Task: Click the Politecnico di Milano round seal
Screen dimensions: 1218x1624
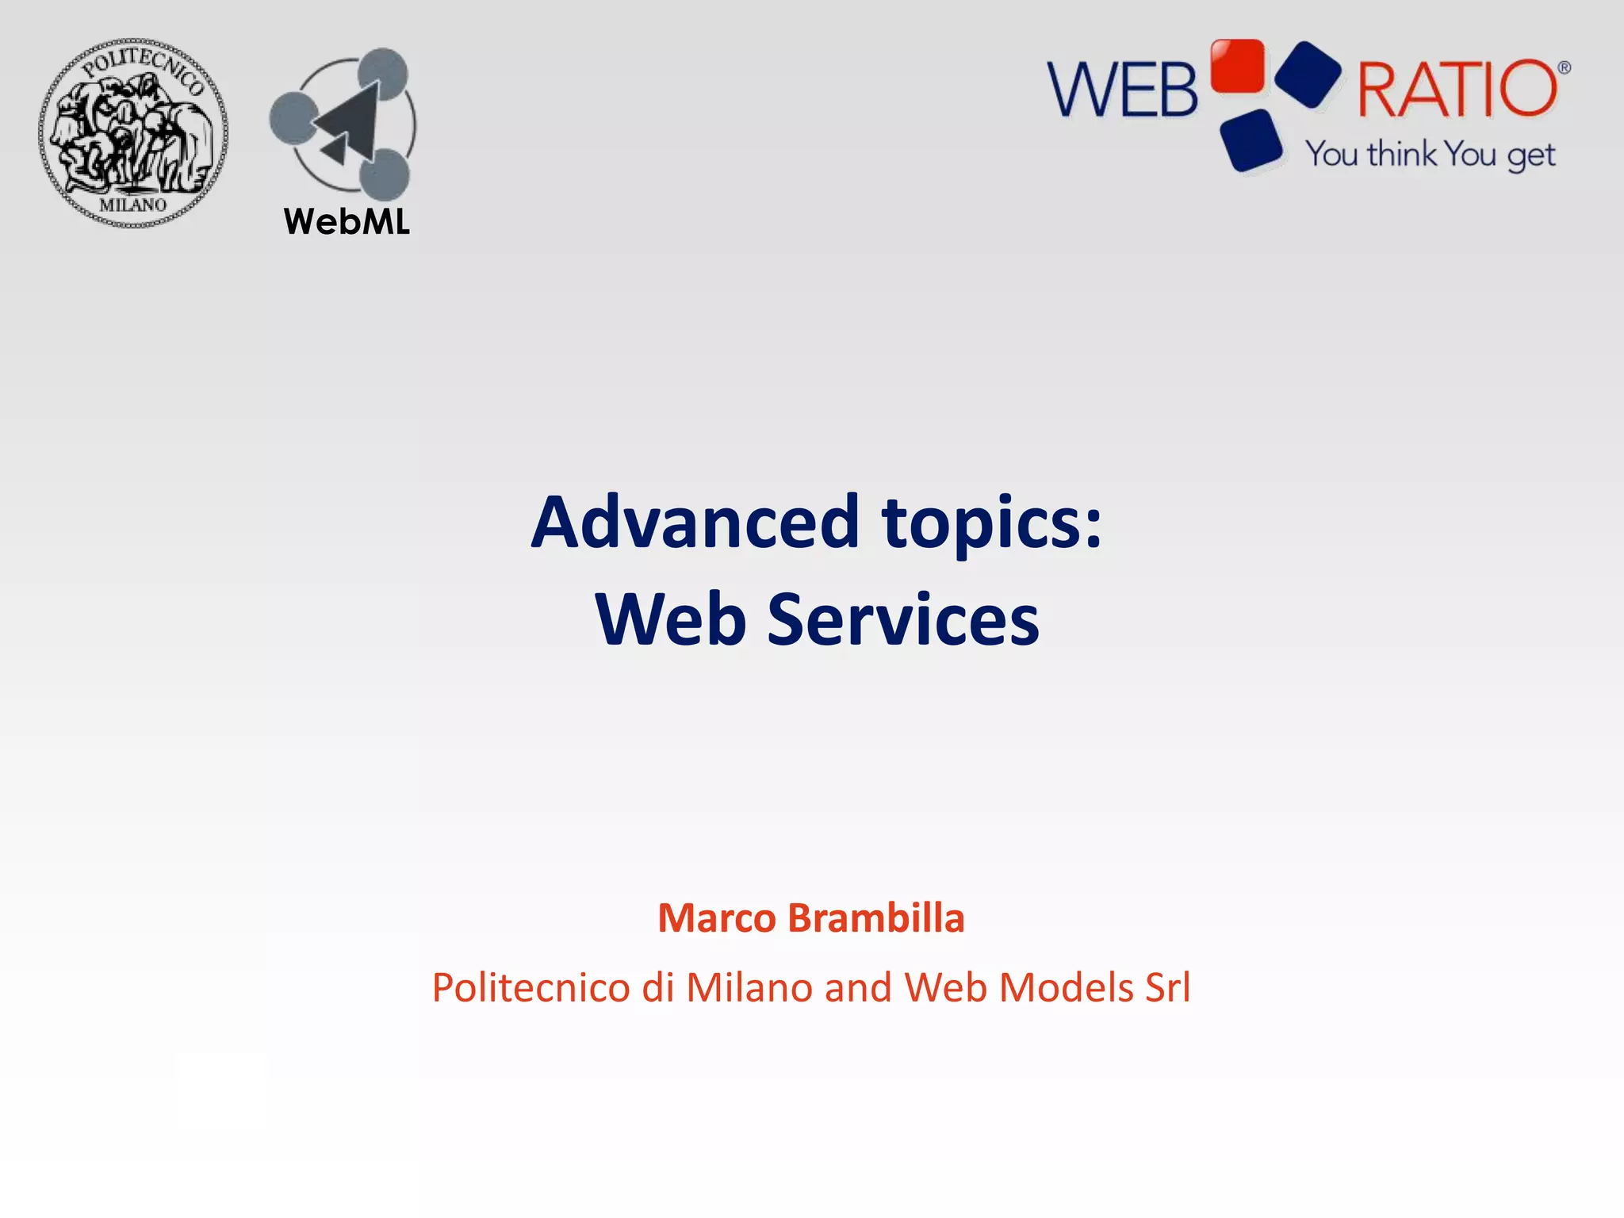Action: pos(133,133)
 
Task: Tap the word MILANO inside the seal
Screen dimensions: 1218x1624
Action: pos(133,205)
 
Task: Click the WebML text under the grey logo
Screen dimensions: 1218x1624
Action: pos(347,222)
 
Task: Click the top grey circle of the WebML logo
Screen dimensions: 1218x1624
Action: pos(382,74)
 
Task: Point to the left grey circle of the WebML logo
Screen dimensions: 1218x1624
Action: pos(294,118)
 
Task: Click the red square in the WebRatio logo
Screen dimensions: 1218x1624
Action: pos(1237,65)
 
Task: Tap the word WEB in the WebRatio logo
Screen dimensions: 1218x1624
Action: pos(1123,90)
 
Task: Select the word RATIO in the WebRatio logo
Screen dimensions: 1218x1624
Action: pos(1457,89)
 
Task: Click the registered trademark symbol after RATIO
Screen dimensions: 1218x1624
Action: pos(1564,68)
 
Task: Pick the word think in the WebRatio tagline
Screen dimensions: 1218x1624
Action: pos(1401,154)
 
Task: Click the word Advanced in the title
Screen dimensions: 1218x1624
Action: pos(695,523)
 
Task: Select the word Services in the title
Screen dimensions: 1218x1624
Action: pos(903,619)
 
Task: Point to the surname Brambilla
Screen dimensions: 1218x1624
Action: pos(876,918)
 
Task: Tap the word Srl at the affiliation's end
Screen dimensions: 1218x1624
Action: pos(1167,988)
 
